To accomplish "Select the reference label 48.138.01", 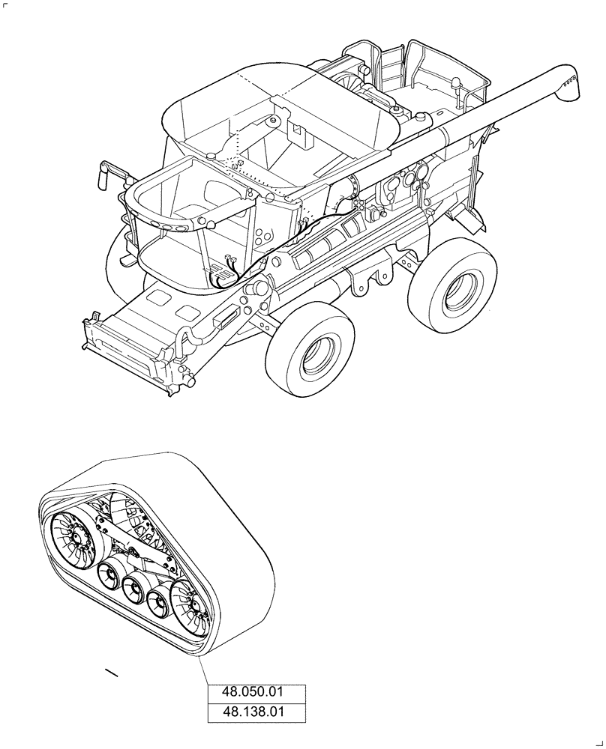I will point(256,712).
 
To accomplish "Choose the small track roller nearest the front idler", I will point(110,575).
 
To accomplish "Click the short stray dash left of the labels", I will point(112,672).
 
